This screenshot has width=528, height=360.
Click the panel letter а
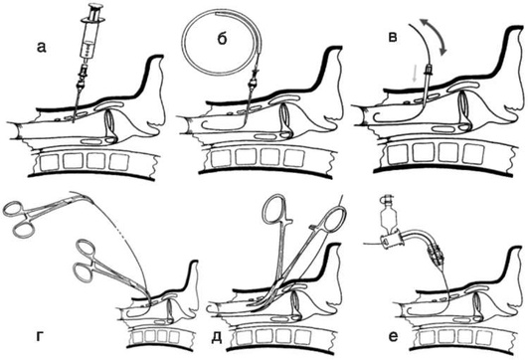pyautogui.click(x=41, y=48)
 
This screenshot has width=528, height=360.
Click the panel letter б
pyautogui.click(x=223, y=38)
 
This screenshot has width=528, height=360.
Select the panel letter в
pyautogui.click(x=393, y=37)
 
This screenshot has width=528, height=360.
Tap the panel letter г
pyautogui.click(x=40, y=336)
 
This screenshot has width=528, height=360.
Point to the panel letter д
pyautogui.click(x=216, y=337)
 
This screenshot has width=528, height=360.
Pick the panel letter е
pyautogui.click(x=393, y=336)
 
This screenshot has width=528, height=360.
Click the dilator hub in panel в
pyautogui.click(x=429, y=70)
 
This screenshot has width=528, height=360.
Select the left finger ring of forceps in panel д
pyautogui.click(x=273, y=209)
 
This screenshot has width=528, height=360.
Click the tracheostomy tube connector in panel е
pyautogui.click(x=391, y=242)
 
